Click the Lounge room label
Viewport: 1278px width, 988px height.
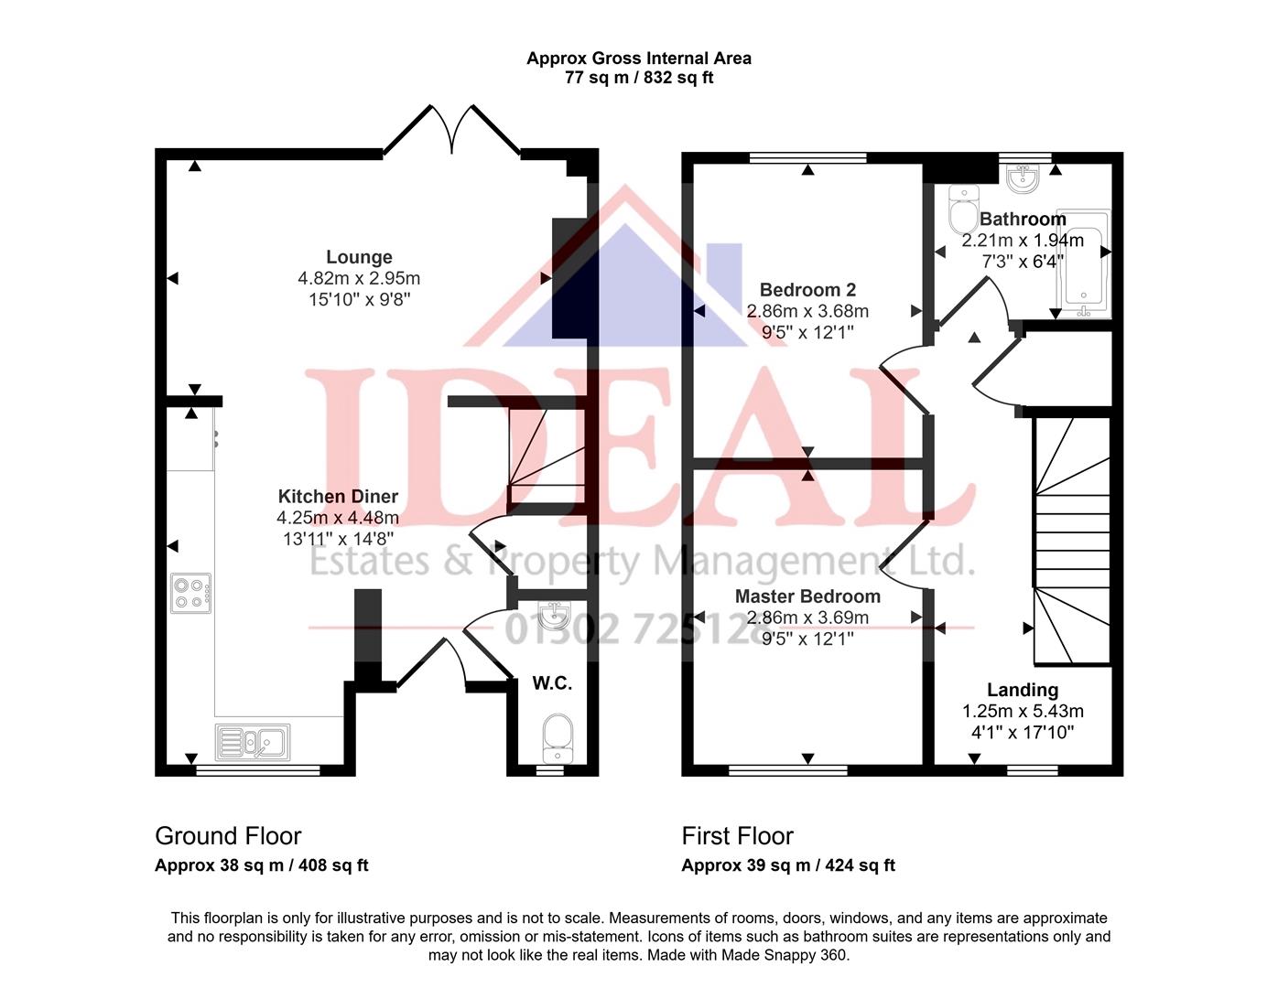pos(359,257)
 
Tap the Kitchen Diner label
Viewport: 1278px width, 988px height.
pos(338,497)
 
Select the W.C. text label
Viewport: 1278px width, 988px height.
pos(552,683)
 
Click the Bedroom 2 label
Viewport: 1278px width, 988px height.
pos(807,290)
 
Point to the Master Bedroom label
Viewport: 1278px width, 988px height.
pos(807,596)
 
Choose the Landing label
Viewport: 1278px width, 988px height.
pos(1022,690)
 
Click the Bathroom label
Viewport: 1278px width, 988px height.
pos(1023,220)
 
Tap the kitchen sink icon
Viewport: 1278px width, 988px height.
pos(252,742)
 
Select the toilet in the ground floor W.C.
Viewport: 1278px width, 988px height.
pos(557,737)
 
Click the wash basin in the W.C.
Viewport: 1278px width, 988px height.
pos(553,617)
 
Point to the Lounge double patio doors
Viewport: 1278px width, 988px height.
pos(451,130)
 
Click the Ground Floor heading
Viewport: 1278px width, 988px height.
pos(228,836)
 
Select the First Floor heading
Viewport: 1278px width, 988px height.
pos(737,836)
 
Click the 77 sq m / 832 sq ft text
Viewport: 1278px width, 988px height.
pos(638,78)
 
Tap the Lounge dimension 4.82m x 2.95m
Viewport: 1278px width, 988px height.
pos(359,278)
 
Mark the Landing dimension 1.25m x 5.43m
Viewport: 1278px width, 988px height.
pos(1022,711)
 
